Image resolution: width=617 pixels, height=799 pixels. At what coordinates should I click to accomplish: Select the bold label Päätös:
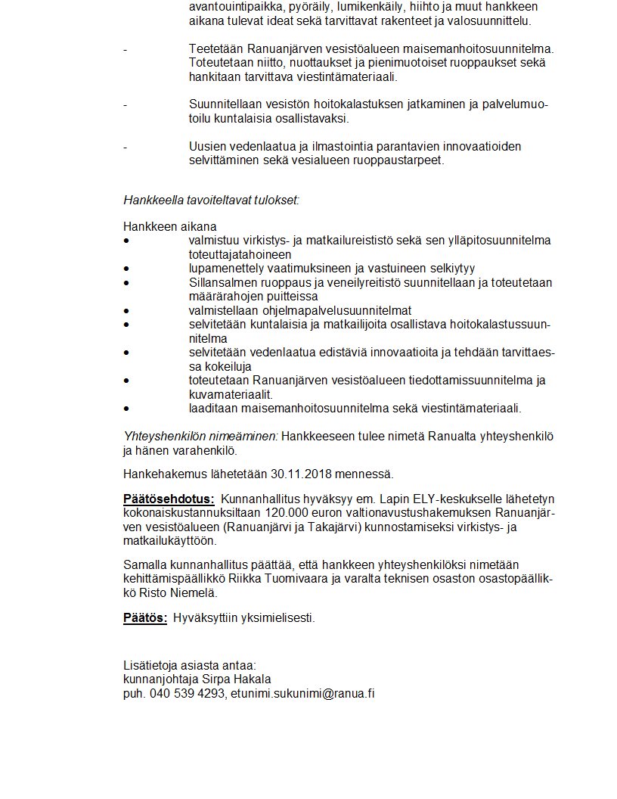tap(145, 618)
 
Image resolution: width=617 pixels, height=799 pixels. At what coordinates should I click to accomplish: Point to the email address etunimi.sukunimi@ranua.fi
tap(302, 693)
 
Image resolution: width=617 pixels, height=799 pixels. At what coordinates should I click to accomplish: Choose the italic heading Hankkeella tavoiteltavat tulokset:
tap(211, 201)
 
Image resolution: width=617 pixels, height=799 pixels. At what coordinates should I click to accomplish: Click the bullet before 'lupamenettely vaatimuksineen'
tap(126, 269)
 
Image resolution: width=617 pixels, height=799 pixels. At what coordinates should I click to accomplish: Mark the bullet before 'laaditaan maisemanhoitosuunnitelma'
tap(126, 409)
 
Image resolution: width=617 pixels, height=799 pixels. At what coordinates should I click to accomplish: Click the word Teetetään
tap(215, 49)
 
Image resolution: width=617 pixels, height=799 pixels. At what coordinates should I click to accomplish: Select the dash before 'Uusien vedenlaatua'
tap(126, 147)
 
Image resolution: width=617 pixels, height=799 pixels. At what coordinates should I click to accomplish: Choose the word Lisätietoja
tap(150, 665)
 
